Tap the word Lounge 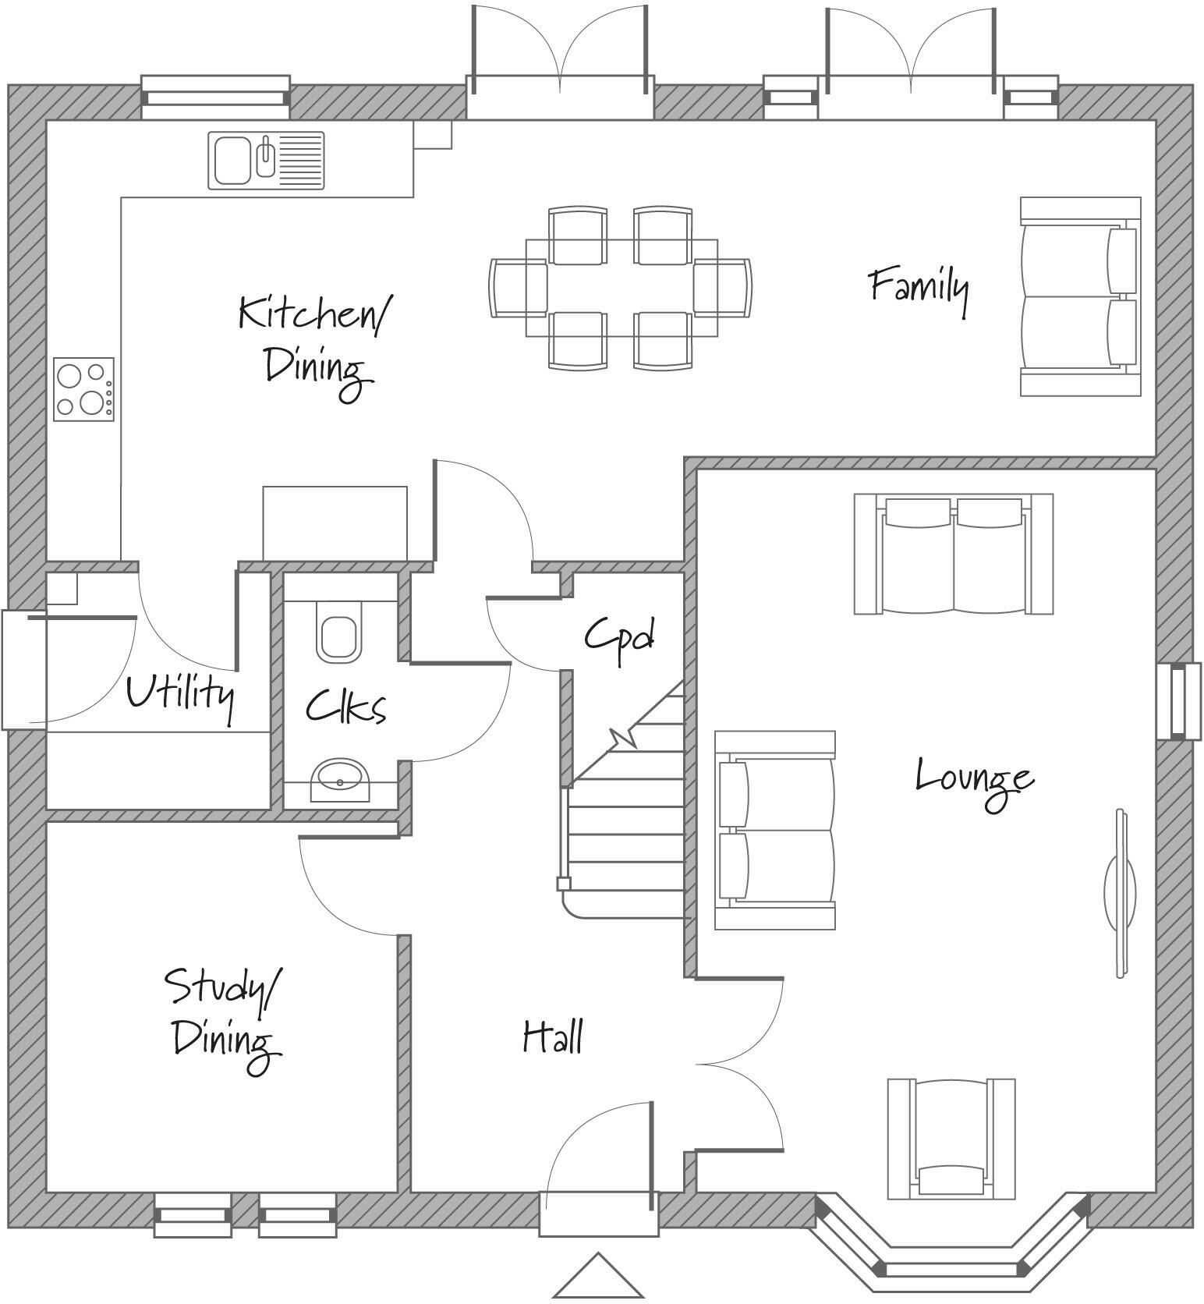click(x=973, y=778)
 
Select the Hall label click(x=552, y=1036)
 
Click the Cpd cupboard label click(x=619, y=637)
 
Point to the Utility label click(x=179, y=694)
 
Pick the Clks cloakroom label click(x=345, y=707)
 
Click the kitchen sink click(x=265, y=160)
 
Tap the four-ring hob click(x=83, y=388)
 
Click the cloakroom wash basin click(x=340, y=778)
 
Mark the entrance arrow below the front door click(x=598, y=1276)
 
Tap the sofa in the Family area click(x=1079, y=296)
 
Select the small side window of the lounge click(x=1179, y=701)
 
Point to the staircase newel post click(x=563, y=883)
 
